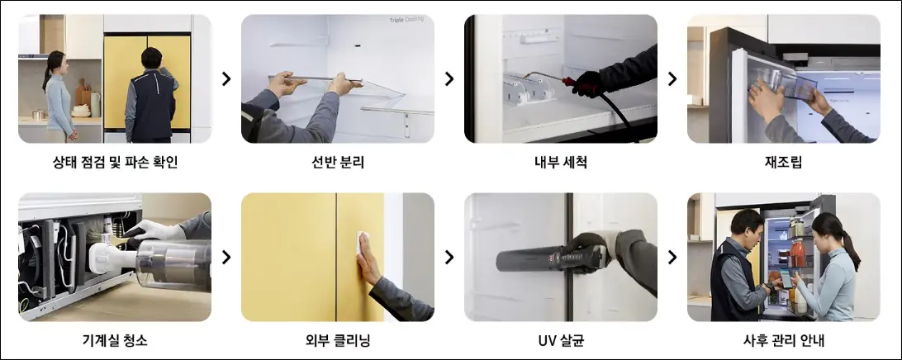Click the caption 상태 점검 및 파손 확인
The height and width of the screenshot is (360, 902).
point(115,163)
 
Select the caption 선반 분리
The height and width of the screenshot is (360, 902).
point(337,163)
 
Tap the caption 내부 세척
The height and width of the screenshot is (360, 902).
point(560,163)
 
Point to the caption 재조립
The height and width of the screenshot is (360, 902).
point(783,163)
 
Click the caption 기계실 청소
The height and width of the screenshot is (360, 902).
point(115,340)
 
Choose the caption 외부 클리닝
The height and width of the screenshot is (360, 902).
point(337,340)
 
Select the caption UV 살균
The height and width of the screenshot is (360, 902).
point(560,340)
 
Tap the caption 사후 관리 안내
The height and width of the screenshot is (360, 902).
point(783,340)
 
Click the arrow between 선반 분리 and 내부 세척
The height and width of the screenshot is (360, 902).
point(449,78)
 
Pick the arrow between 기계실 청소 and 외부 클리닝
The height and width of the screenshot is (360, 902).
point(226,257)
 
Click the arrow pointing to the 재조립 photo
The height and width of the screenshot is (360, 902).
point(672,78)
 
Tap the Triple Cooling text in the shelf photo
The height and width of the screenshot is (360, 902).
point(406,20)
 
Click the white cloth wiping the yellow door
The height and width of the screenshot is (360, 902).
point(362,242)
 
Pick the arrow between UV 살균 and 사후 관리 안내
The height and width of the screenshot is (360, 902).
point(672,257)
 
